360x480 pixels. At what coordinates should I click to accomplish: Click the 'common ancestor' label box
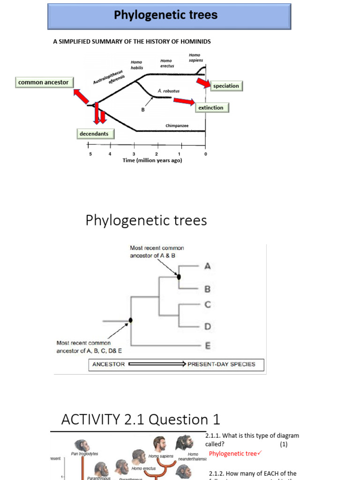43,82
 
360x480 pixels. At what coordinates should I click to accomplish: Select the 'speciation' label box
226,86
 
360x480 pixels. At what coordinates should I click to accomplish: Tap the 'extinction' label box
211,108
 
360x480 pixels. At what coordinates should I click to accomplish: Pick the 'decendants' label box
94,134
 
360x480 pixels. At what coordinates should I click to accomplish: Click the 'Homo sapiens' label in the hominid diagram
195,58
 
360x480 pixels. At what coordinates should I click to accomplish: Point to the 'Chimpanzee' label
177,126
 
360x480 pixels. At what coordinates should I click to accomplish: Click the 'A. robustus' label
169,91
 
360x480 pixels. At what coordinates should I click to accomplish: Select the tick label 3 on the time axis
134,154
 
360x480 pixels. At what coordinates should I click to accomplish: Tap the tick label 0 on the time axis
205,154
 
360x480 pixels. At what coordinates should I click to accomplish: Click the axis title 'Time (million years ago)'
152,160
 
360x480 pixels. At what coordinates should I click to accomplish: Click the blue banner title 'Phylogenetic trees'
166,15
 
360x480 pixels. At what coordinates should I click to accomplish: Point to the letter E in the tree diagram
208,346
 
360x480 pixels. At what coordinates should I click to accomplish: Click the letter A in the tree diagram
208,266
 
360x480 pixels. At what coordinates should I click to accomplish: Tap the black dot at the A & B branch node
179,277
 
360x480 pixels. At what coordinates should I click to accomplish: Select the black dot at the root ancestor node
131,320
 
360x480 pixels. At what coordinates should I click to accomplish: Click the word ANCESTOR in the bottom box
109,364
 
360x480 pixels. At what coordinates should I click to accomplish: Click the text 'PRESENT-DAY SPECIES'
221,364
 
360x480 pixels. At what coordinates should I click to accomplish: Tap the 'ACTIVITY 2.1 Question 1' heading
141,419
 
